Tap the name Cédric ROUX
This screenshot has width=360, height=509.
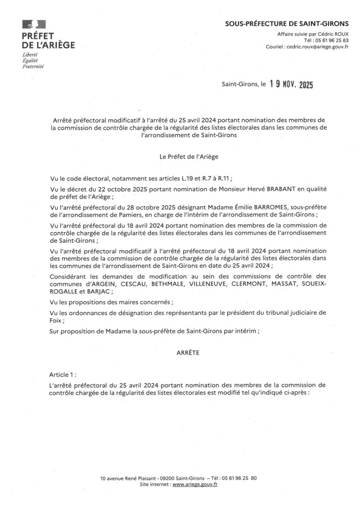coord(334,34)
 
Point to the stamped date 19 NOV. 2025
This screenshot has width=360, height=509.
coord(291,85)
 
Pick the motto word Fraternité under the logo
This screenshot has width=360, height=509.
coord(33,67)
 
